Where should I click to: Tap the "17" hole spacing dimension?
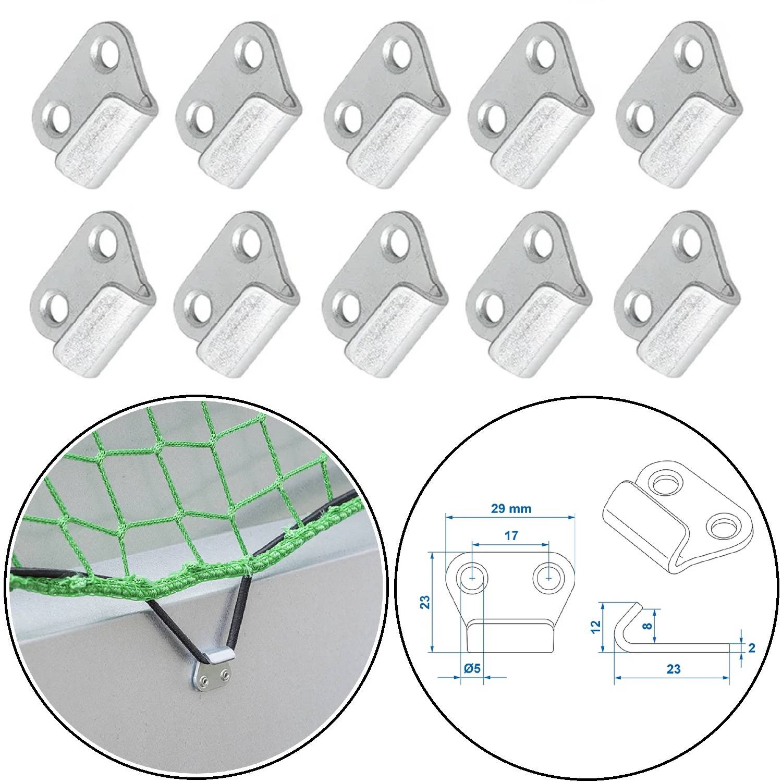[511, 535]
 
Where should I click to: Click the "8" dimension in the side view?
[647, 626]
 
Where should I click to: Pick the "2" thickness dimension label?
[751, 648]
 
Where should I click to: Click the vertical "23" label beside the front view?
[425, 602]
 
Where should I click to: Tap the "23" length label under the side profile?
[673, 669]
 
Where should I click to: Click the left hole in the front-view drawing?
[472, 578]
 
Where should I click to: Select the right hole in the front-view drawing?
[548, 578]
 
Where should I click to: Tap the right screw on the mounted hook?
[225, 676]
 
